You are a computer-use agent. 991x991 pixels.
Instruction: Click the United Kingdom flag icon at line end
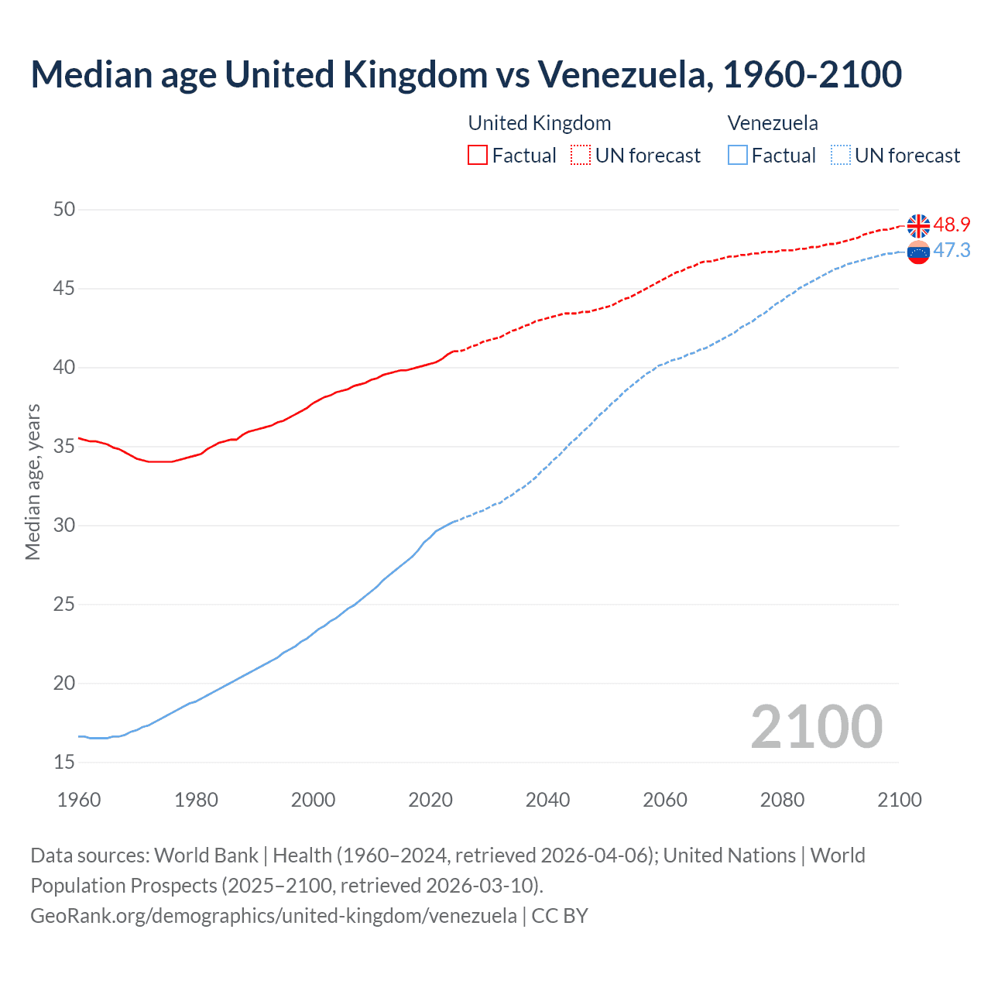918,225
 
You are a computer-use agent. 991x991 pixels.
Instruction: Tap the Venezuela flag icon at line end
918,252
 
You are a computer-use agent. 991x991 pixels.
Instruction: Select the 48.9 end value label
952,225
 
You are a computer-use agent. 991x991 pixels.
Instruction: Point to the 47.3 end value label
952,250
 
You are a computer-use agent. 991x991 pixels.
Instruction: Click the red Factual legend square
478,155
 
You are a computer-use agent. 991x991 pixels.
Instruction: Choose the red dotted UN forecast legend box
581,155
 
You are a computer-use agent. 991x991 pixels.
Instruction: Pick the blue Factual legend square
738,155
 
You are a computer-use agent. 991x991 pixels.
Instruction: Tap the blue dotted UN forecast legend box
840,155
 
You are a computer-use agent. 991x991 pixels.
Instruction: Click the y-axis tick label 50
65,209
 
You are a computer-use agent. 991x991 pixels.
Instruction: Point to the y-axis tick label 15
65,762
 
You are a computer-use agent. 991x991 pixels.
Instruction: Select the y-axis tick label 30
65,525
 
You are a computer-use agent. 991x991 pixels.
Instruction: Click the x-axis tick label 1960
79,800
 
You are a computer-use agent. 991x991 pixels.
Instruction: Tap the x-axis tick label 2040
547,800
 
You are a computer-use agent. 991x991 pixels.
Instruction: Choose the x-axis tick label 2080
782,800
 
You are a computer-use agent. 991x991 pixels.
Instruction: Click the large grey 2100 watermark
816,726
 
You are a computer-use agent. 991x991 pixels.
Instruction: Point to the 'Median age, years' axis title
33,482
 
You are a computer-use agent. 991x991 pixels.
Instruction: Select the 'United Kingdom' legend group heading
540,123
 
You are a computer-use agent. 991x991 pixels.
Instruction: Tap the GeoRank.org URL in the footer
273,915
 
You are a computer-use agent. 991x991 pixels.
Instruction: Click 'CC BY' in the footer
560,915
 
